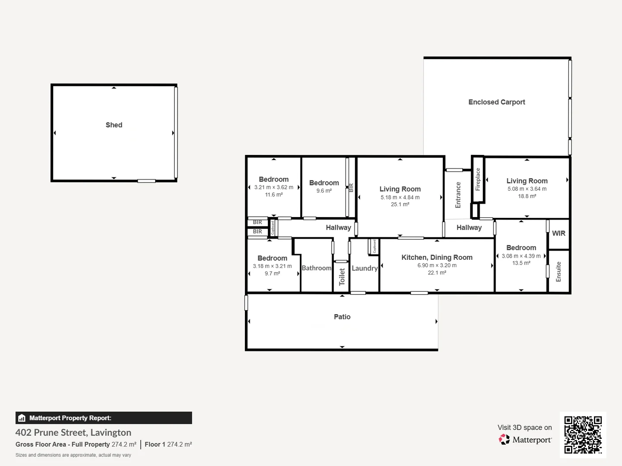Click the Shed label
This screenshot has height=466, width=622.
click(x=114, y=125)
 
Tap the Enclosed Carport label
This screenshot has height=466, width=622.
click(x=497, y=102)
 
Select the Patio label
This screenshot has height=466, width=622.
click(x=342, y=317)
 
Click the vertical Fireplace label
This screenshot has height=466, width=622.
click(x=478, y=179)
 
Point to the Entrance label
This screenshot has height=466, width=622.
click(x=458, y=195)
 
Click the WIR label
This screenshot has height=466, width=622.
click(x=559, y=233)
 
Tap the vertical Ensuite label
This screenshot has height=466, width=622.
click(x=559, y=272)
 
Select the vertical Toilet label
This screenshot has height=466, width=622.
click(x=342, y=277)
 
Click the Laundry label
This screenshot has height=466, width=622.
click(x=365, y=268)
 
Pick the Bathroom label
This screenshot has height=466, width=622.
click(x=317, y=268)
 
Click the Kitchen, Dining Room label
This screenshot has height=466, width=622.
click(x=437, y=258)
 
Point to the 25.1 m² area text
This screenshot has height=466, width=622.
click(x=400, y=205)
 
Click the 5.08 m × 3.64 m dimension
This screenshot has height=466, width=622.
click(x=527, y=189)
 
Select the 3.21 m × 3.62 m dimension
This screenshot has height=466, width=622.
click(x=274, y=187)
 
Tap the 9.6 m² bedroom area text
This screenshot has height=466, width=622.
click(x=324, y=191)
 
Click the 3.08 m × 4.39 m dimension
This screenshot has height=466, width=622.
click(x=521, y=256)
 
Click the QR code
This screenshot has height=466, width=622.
click(x=583, y=435)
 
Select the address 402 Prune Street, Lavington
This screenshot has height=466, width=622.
click(x=73, y=432)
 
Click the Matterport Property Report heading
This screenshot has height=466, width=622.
click(x=70, y=418)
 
